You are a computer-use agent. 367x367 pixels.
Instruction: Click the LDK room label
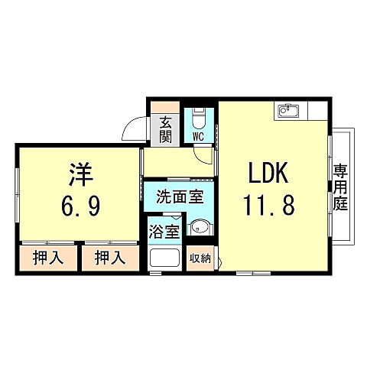(267, 174)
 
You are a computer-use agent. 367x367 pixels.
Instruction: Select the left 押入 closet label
(47, 258)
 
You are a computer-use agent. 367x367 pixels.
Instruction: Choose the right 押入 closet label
(110, 258)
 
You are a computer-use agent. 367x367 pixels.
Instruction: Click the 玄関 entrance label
(166, 130)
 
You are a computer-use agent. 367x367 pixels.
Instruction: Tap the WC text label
(197, 137)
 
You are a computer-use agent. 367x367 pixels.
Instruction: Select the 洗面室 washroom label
(180, 196)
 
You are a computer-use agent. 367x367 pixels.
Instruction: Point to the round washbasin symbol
(199, 226)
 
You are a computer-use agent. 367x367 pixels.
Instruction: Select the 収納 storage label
(200, 258)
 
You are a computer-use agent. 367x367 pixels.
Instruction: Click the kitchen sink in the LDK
(287, 112)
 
